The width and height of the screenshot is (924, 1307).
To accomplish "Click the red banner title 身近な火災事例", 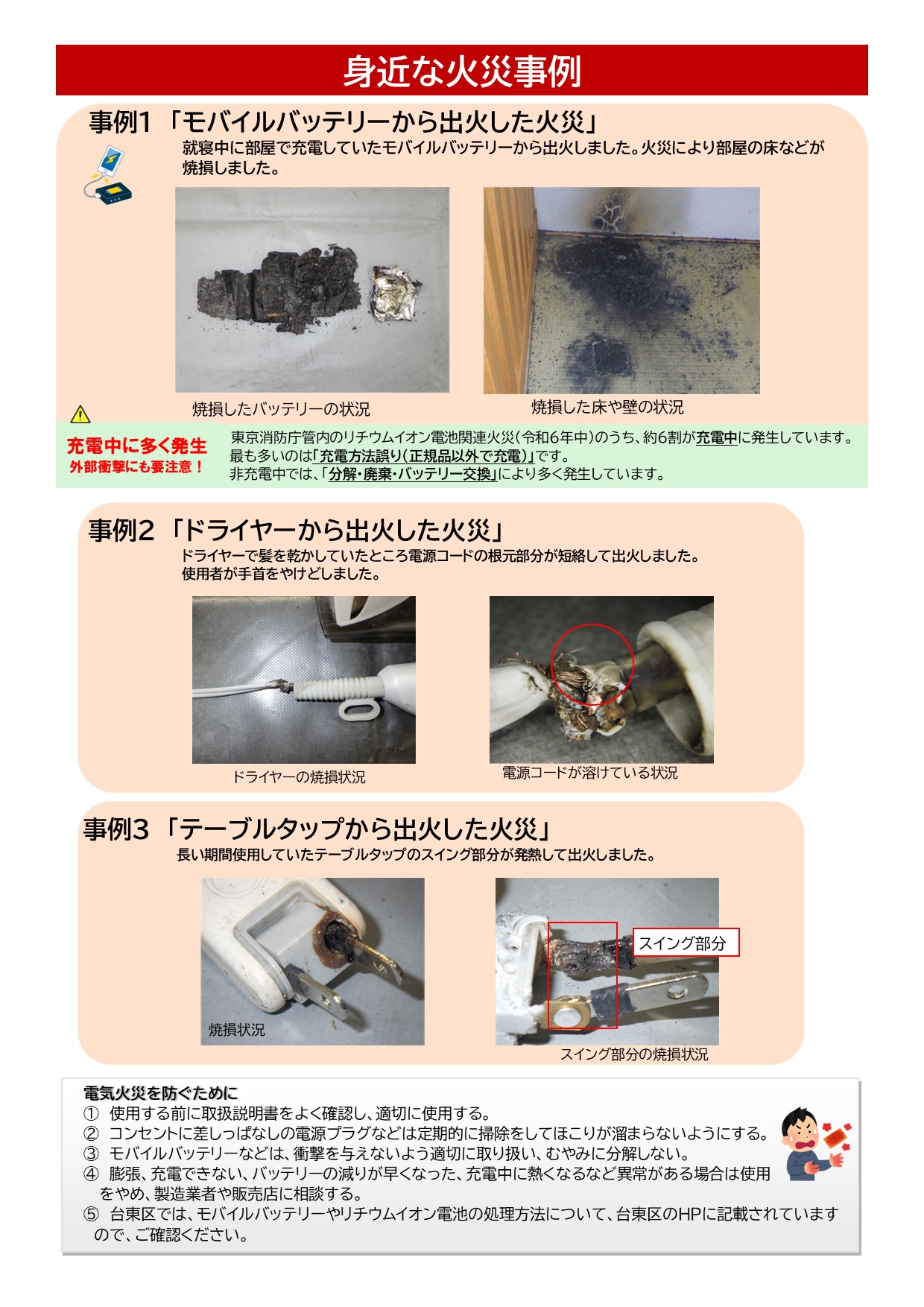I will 461,72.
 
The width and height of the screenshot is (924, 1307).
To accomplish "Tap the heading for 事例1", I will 344,121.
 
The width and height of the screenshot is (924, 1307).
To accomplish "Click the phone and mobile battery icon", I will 109,176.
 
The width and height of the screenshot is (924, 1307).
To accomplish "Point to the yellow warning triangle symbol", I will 80,414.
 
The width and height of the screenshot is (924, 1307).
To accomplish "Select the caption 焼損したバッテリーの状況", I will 281,409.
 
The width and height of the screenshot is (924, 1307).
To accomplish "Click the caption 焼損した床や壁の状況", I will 607,407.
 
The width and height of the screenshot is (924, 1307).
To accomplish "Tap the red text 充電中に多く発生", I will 137,446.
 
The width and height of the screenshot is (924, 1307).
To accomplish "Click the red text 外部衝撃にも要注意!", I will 137,467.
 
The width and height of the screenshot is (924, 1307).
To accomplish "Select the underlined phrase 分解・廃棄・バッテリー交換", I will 412,474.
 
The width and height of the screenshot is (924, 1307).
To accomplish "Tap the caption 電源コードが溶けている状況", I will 589,773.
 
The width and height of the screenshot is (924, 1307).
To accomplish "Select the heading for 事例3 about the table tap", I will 317,829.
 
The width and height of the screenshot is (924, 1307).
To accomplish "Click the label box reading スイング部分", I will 685,943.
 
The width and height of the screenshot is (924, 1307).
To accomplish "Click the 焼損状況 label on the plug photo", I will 236,1030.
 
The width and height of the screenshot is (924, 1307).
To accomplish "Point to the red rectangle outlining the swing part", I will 583,975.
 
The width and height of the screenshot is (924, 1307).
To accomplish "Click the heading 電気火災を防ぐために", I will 160,1093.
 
